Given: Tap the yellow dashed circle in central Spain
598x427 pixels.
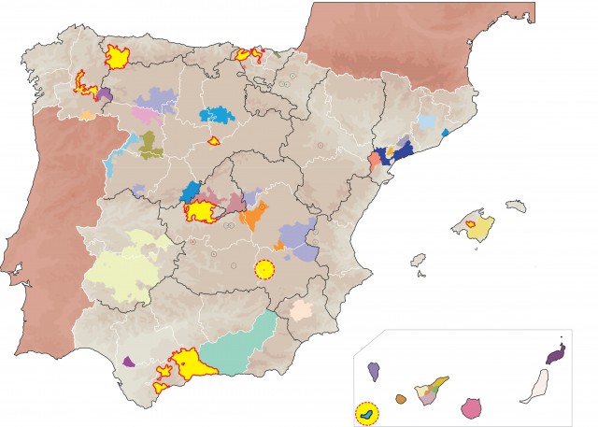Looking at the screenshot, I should coord(265,270).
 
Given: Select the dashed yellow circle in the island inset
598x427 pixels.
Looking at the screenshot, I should coord(367,412).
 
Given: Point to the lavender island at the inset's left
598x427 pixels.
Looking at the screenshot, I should coord(374,370).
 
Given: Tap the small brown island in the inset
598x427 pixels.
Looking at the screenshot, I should coord(401,399).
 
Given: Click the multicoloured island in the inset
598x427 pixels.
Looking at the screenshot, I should coord(434,389).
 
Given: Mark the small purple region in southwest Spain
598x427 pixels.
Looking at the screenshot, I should coord(128,361).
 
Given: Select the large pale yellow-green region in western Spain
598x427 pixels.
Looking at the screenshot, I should coord(126,266).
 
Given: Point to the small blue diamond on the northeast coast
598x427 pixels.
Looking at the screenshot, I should coord(445,133).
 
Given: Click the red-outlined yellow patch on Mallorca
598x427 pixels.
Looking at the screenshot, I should coord(472,224).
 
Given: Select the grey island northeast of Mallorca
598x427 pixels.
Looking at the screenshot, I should coord(516,205).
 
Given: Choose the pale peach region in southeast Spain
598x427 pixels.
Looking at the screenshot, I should coord(302,310).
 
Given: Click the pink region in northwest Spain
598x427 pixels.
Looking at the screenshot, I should coord(146,114).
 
